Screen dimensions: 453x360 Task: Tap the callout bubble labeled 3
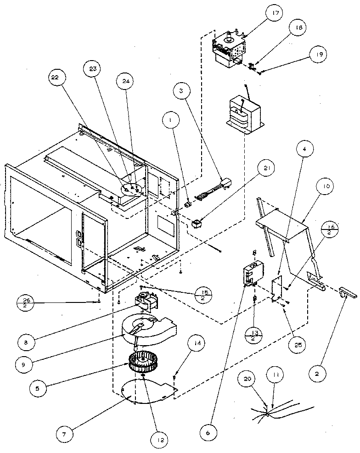182,91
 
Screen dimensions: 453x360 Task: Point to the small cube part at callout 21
197,224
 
